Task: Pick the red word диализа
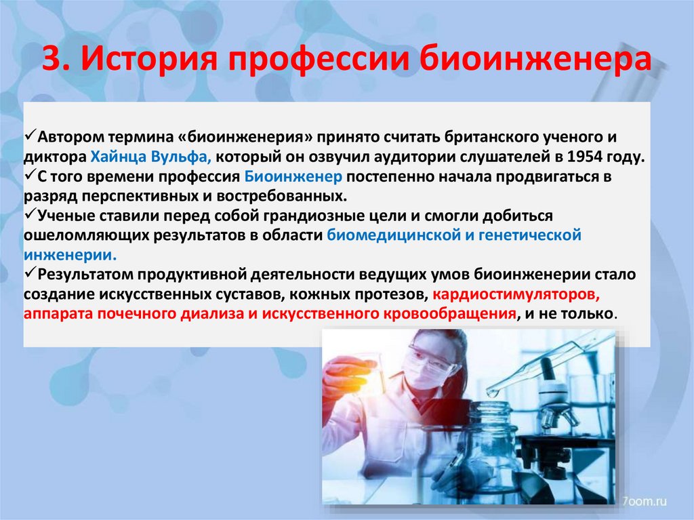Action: (210, 315)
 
